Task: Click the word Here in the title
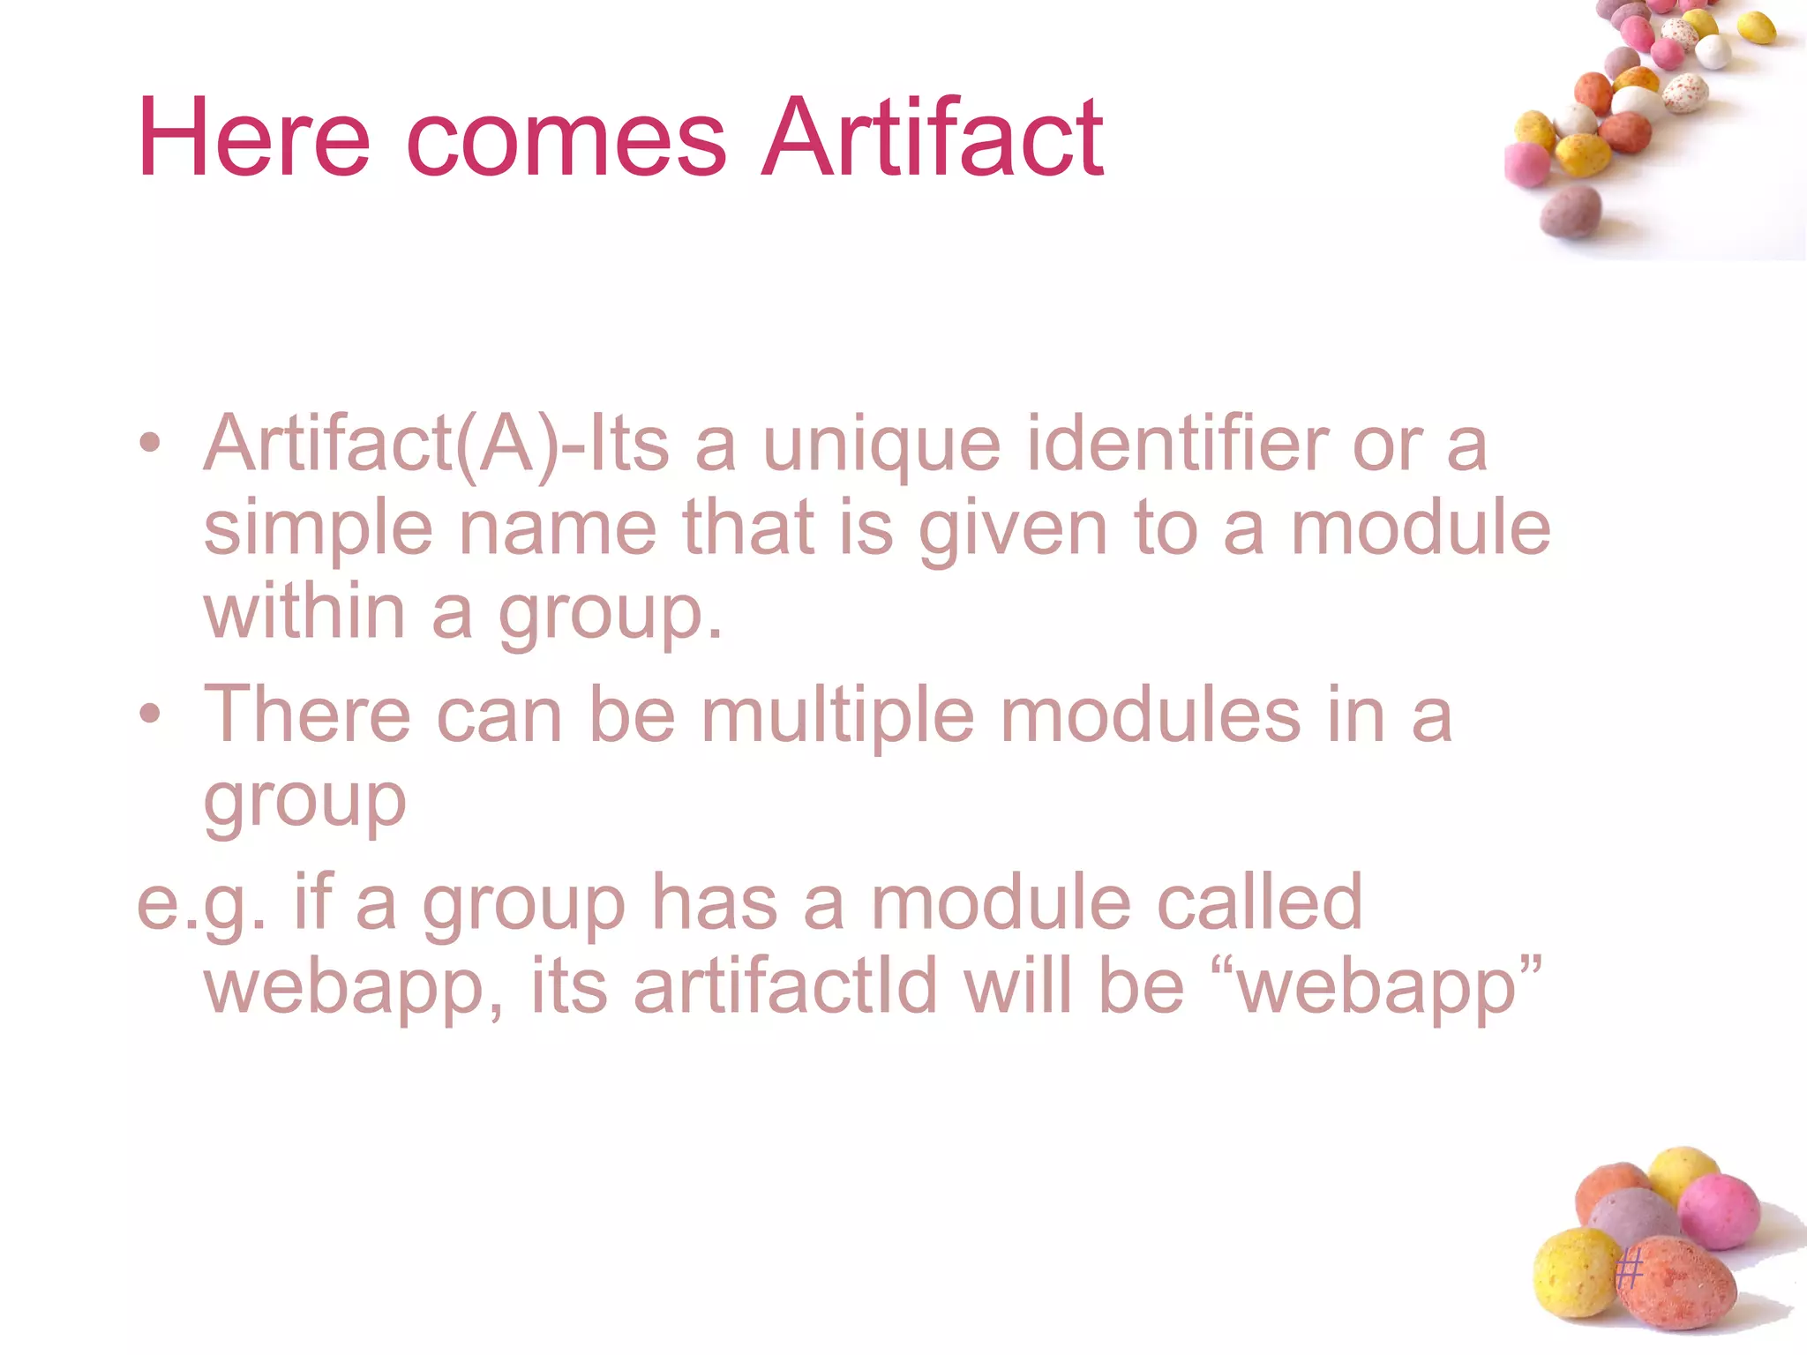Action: click(x=254, y=138)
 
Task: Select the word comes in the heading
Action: click(x=566, y=141)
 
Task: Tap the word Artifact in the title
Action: click(x=932, y=138)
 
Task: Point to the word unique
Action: click(x=881, y=446)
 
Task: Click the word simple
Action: click(x=318, y=529)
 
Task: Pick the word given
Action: click(x=1012, y=529)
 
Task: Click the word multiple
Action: click(x=837, y=715)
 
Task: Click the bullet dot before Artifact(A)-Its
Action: click(x=150, y=443)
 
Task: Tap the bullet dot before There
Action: click(x=150, y=713)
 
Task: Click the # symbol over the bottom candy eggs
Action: click(x=1629, y=1271)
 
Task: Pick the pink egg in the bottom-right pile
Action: click(x=1718, y=1210)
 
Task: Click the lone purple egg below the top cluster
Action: click(x=1571, y=212)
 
